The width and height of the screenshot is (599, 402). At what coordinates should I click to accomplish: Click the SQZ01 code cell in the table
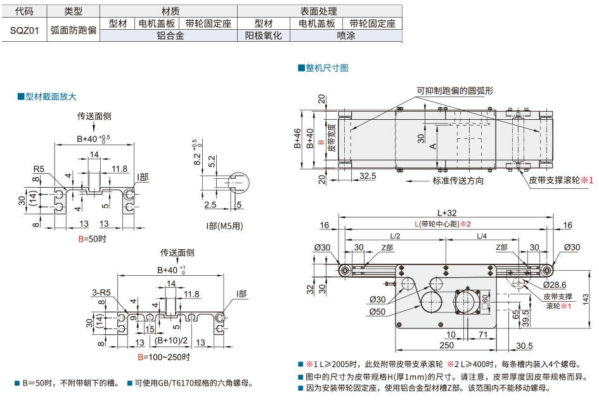click(23, 30)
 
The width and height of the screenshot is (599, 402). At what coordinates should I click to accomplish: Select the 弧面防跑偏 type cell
click(74, 30)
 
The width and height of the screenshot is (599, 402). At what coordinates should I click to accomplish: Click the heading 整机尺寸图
click(326, 68)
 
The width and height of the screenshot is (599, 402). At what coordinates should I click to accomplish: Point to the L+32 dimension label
click(446, 213)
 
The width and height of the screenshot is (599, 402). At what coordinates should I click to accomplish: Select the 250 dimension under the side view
click(446, 344)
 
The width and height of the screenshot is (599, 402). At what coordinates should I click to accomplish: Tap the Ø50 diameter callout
click(377, 311)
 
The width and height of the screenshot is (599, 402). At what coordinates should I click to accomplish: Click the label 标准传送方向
click(458, 181)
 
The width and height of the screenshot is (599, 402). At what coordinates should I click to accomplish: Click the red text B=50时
click(92, 239)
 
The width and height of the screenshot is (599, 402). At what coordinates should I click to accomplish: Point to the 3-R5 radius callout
click(101, 292)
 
